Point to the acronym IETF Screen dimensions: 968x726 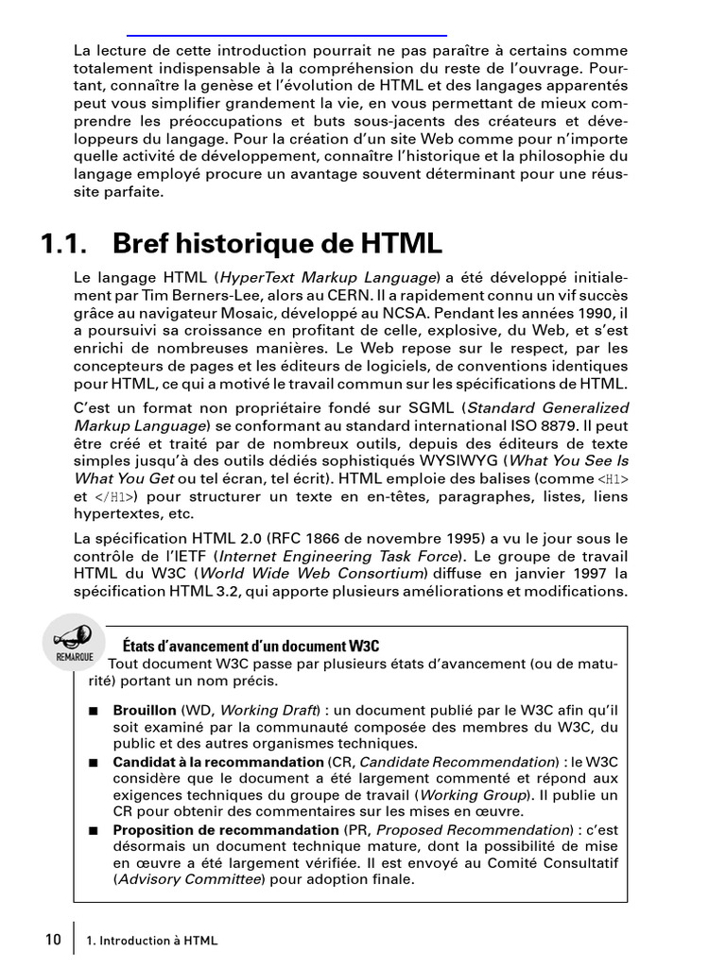(x=194, y=557)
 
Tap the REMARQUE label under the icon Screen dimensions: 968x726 (x=73, y=655)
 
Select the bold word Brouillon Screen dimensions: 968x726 (x=145, y=709)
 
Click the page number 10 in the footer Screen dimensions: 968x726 (x=53, y=940)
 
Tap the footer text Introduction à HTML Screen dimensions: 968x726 (x=158, y=941)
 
